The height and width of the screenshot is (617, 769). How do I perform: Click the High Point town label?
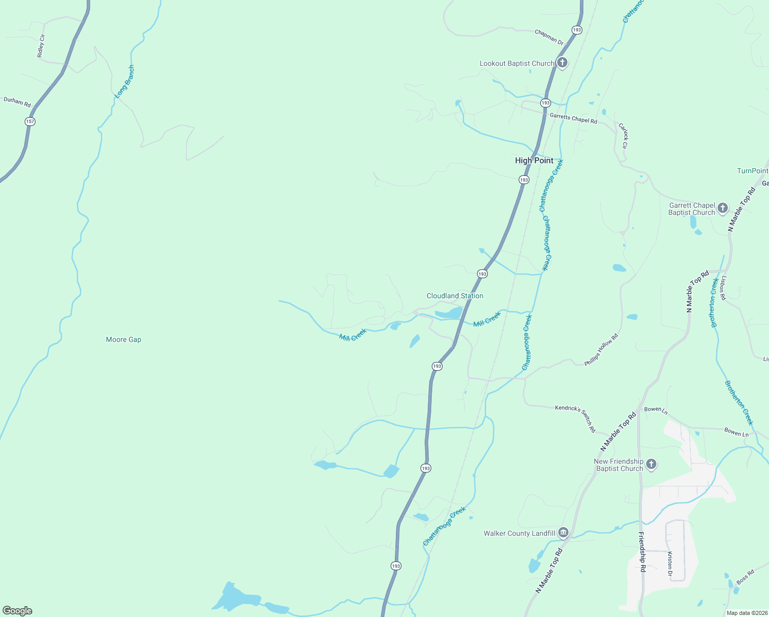point(534,160)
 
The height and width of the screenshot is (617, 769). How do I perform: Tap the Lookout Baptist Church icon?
point(562,63)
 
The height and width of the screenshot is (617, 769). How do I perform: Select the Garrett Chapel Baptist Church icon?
point(722,208)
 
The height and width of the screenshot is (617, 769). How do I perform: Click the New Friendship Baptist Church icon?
point(651,464)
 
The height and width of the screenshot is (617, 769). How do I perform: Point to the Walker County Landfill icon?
point(563,532)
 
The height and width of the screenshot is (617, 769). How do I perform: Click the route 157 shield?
point(30,121)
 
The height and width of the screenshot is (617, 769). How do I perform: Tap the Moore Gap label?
point(123,339)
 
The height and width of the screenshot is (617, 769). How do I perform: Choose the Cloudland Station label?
point(455,296)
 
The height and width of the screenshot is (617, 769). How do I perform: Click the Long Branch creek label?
point(124,82)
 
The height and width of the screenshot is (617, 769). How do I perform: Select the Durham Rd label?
point(17,102)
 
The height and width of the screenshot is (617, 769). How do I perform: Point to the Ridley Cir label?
point(41,46)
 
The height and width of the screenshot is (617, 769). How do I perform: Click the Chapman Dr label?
point(549,37)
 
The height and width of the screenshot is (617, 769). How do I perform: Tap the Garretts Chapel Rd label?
point(573,118)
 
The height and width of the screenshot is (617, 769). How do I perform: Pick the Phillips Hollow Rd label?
point(601,350)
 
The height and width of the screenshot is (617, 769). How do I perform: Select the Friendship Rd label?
point(642,552)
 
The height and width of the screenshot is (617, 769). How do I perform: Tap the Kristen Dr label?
point(670,564)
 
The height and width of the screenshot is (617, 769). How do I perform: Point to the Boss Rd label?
point(745,576)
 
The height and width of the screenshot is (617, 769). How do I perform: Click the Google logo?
point(17,611)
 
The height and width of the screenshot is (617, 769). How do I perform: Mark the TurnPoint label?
point(753,171)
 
